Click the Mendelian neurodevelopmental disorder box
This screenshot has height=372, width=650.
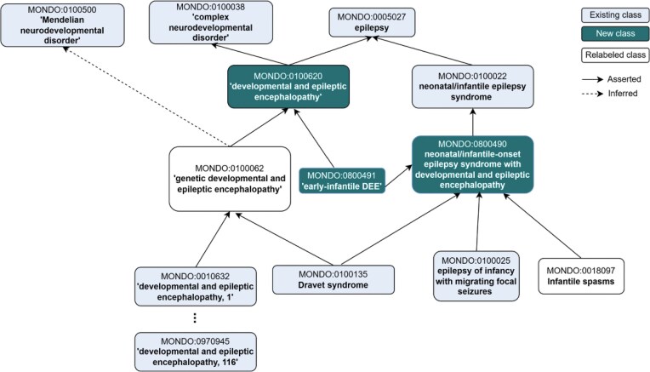pos(63,25)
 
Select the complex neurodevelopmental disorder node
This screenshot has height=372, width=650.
pos(211,22)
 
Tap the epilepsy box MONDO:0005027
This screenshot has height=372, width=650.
pos(372,22)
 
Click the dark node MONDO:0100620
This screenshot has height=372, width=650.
pos(288,87)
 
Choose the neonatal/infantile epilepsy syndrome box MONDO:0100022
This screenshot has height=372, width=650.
pos(472,87)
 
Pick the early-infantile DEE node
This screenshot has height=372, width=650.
pos(342,180)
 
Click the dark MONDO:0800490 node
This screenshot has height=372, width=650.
pos(472,164)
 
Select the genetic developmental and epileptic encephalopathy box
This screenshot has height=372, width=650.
pos(230,179)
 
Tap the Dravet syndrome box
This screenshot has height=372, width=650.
pos(334,279)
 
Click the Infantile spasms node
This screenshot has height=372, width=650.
pos(581,276)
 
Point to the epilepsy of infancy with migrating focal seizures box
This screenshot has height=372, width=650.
pos(476,276)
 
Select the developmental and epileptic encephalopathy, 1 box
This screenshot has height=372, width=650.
pos(195,287)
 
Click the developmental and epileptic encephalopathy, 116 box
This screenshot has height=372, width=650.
pos(195,352)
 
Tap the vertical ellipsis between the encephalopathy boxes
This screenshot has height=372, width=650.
pos(195,318)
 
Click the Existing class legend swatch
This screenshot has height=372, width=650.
pos(615,15)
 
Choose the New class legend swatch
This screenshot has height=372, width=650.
pos(615,33)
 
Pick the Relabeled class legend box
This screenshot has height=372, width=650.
pos(615,54)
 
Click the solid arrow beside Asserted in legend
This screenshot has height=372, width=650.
pos(592,79)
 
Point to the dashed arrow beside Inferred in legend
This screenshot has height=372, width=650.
pos(592,94)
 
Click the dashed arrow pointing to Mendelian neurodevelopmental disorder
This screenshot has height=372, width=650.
pos(145,96)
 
